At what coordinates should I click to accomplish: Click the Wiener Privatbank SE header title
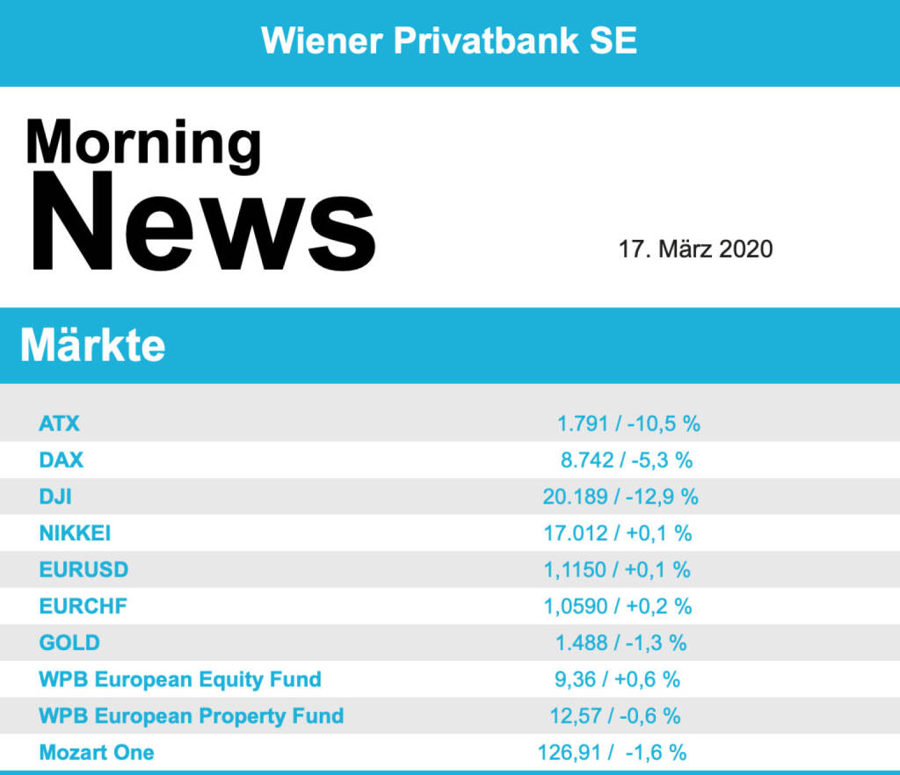(449, 41)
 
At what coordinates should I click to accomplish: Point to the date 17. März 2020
(695, 249)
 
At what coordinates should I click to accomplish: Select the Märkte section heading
(92, 345)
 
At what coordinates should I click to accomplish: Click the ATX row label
(60, 424)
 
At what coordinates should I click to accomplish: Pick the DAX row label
(62, 460)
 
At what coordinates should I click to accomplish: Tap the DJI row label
(55, 496)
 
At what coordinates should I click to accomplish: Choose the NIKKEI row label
(75, 533)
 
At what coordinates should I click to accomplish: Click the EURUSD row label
(83, 569)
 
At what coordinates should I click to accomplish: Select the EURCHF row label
(83, 606)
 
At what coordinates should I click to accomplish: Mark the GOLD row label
(69, 642)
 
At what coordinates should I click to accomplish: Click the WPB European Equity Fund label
(180, 679)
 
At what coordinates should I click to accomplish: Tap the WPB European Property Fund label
(191, 715)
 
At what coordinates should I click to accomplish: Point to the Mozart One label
(97, 752)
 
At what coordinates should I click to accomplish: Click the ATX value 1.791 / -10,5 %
(628, 424)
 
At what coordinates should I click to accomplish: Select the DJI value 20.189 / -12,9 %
(621, 496)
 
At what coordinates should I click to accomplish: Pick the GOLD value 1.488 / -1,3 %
(621, 642)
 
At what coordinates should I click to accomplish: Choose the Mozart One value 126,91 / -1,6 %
(612, 752)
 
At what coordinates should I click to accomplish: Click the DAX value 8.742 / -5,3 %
(627, 460)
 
